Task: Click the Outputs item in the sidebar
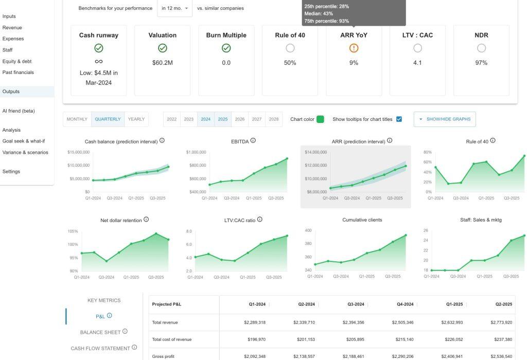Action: [x=11, y=92]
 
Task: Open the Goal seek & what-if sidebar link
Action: [x=24, y=141]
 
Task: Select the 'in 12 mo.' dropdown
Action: [x=174, y=8]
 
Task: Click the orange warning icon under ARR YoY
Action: [x=354, y=48]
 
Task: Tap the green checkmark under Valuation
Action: [x=163, y=48]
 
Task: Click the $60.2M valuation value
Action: [x=163, y=63]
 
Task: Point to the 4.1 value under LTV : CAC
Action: [x=417, y=63]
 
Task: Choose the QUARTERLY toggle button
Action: [x=108, y=119]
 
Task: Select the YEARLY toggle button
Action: [x=136, y=119]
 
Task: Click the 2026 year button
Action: [x=240, y=119]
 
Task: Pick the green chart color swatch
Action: [x=320, y=119]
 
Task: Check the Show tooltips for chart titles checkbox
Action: [x=399, y=119]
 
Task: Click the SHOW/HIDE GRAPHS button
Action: [x=445, y=119]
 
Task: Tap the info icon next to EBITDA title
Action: [x=253, y=140]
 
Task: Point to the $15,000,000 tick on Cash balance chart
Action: [x=78, y=152]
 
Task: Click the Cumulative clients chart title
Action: [x=362, y=220]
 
